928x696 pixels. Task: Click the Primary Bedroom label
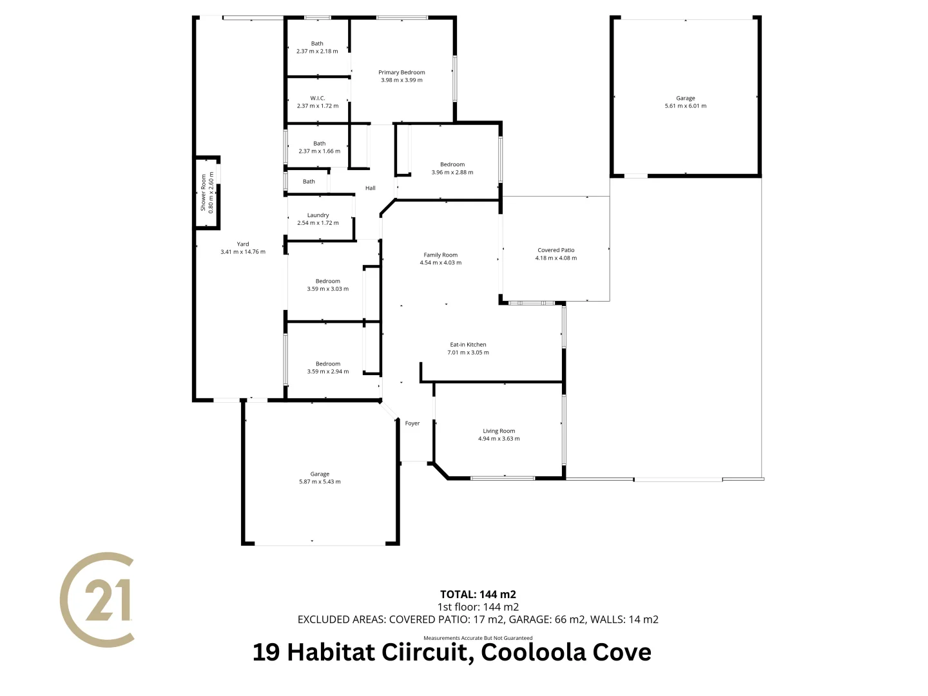click(x=401, y=73)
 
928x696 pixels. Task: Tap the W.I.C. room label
click(x=318, y=99)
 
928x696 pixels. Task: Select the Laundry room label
click(x=318, y=215)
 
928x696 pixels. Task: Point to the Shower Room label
click(x=204, y=192)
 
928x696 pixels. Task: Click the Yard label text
click(x=243, y=244)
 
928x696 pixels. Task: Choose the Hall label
click(x=371, y=188)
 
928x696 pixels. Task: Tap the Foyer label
click(x=412, y=423)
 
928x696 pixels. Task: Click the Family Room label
click(x=441, y=255)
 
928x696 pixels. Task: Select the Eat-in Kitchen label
click(x=468, y=345)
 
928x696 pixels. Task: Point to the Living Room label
click(x=499, y=431)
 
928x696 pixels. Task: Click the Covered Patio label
click(x=556, y=250)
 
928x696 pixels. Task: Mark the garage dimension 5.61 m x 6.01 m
click(x=686, y=106)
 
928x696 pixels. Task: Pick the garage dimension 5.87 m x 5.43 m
click(x=320, y=482)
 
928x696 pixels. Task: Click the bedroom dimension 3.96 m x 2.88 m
click(x=452, y=173)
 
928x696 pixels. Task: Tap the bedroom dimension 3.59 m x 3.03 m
click(x=328, y=289)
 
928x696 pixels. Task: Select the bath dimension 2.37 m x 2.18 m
click(x=317, y=52)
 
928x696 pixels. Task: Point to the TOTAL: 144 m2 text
click(x=478, y=594)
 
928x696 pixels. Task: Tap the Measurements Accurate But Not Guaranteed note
click(x=478, y=638)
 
